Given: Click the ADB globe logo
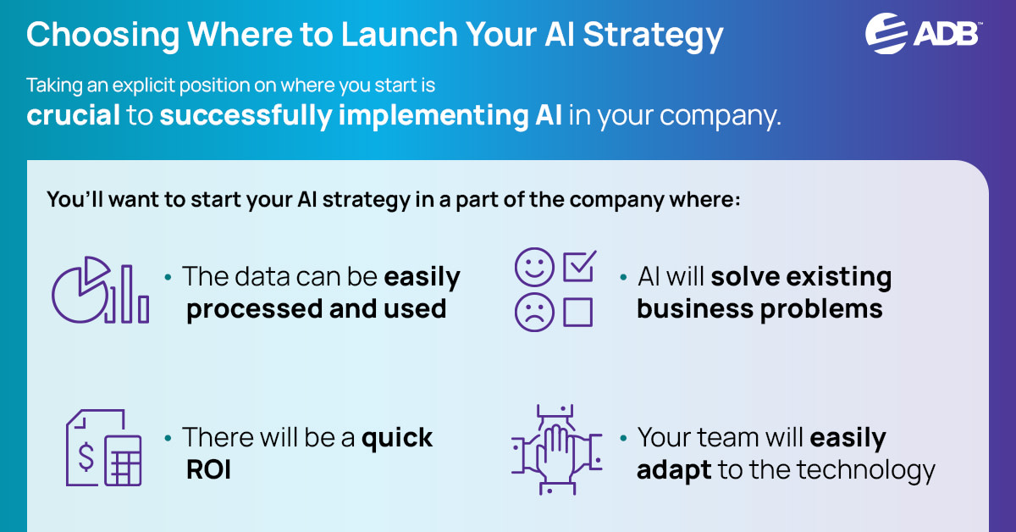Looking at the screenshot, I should tap(886, 33).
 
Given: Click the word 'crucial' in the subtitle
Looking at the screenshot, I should tap(74, 114).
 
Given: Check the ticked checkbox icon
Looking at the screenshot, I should tap(579, 266).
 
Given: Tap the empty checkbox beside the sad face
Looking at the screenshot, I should tap(577, 313).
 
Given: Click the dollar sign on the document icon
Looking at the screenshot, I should tap(86, 455).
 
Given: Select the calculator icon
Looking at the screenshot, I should tap(123, 463).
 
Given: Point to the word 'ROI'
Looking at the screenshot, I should tap(208, 468).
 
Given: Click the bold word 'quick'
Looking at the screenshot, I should tap(397, 438).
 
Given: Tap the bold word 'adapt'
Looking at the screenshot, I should tap(674, 469).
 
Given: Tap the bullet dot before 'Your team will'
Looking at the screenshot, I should tap(623, 439).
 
